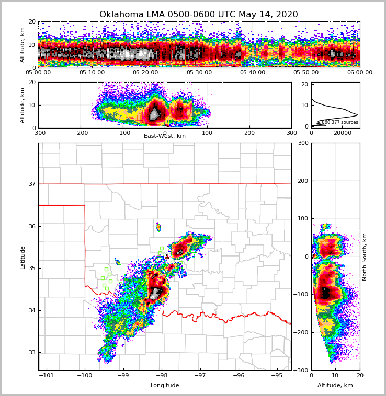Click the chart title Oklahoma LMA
198,15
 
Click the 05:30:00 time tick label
199,73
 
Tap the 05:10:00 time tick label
92,73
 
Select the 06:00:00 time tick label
359,73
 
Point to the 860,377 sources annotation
339,122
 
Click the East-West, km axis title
165,136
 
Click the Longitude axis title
165,386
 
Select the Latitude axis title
23,257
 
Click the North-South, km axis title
365,257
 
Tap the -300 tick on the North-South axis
302,370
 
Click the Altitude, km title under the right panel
335,386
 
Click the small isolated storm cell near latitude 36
158,227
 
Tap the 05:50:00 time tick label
306,73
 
